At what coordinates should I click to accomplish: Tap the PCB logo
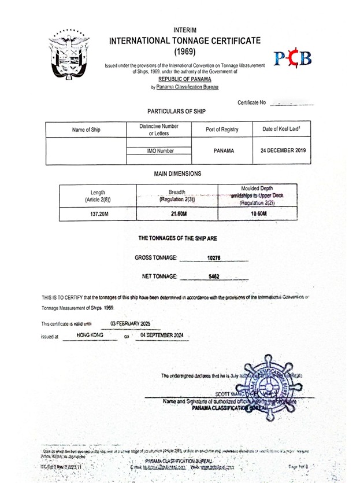(x=292, y=58)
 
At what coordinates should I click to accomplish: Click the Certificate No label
(x=251, y=102)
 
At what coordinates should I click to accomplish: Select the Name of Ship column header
(x=86, y=130)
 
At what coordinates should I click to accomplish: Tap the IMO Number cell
(x=159, y=151)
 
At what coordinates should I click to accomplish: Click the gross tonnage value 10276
(x=214, y=258)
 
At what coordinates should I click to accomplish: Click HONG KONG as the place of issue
(x=90, y=335)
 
